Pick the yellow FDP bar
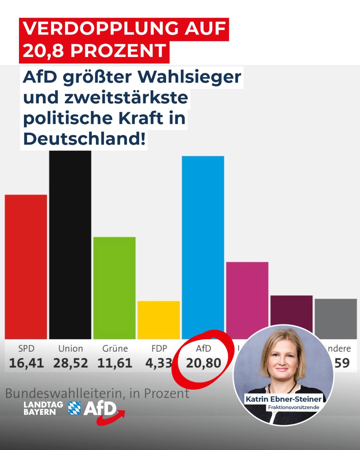[x=159, y=320]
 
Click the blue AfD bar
[x=203, y=246]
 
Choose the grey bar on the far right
[x=336, y=318]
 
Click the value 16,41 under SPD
[x=26, y=363]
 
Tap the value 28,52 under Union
[x=70, y=363]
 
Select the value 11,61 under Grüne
[x=115, y=363]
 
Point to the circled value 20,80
[x=204, y=363]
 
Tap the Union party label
[x=70, y=348]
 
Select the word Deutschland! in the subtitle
[x=84, y=139]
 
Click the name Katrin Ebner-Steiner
[x=283, y=399]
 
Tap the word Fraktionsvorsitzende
[x=294, y=407]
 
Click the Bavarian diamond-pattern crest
[x=74, y=408]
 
